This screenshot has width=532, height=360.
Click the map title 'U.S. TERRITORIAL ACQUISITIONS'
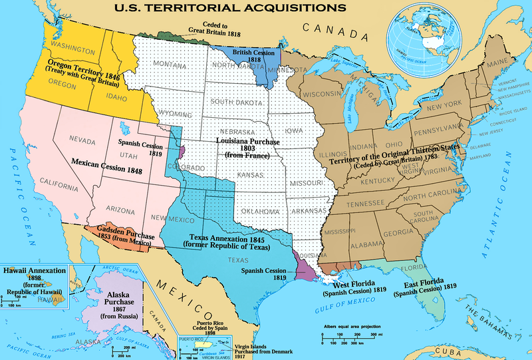[x=223, y=9]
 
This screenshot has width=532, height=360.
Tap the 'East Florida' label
[x=424, y=285]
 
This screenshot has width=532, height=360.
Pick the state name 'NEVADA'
[x=83, y=140]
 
